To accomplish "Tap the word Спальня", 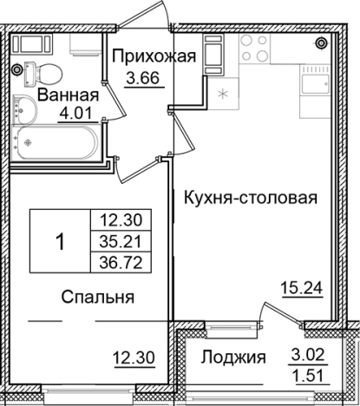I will [97, 298].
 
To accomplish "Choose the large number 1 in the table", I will [60, 241].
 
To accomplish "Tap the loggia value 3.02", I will [305, 356].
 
